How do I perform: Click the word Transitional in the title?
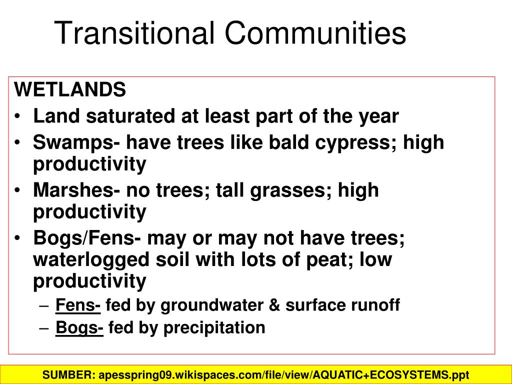(x=135, y=33)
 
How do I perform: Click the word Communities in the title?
(x=315, y=33)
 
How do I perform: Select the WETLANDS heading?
(x=70, y=90)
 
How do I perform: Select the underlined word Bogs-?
(x=79, y=328)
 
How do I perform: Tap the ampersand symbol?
(x=274, y=304)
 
